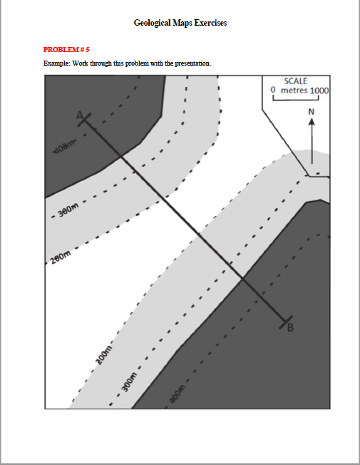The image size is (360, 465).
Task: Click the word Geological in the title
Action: coord(152,24)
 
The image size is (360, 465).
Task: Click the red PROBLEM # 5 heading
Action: coord(66,49)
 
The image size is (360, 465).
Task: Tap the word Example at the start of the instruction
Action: coord(56,63)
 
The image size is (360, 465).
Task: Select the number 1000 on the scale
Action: coord(319,91)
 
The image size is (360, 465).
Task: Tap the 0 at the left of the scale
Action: coord(273,91)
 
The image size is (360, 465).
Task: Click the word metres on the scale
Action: coord(294,91)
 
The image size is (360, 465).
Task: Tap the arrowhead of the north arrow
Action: coord(311,121)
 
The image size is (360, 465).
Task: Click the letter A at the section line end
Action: coord(80,114)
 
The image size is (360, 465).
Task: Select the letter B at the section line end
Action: coord(290,328)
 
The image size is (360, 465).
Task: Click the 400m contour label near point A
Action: coord(63,150)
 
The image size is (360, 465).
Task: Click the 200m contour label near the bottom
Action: coord(104,353)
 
